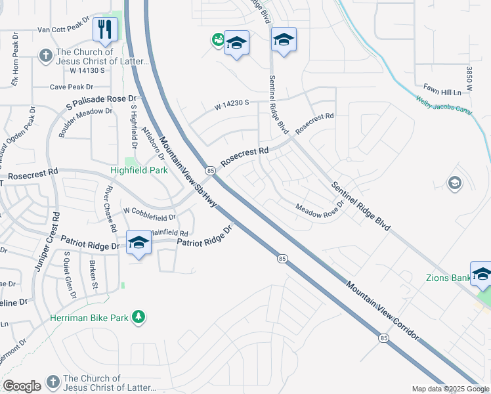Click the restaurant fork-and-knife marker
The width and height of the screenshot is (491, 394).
pos(105,29)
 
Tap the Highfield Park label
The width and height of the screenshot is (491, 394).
pos(139,170)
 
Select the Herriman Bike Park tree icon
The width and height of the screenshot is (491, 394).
pos(138,318)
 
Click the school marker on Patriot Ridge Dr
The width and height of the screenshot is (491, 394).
pos(139,244)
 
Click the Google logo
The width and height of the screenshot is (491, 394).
pos(22,386)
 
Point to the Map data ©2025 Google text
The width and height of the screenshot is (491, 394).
pos(450,389)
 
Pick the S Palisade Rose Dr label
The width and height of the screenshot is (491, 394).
pos(100,102)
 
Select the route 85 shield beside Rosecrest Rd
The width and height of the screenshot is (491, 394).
pos(209,171)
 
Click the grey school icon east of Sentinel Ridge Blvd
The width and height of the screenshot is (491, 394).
pos(454,183)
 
